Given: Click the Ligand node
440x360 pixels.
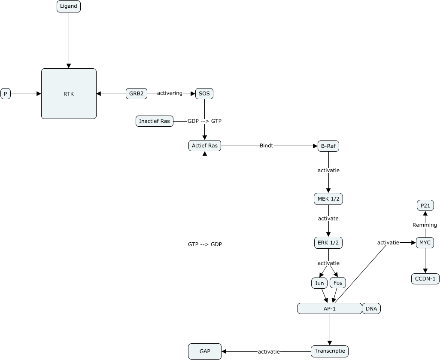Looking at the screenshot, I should point(69,6).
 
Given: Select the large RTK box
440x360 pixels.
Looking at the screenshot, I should point(69,94).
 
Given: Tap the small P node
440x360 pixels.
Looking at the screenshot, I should point(6,94).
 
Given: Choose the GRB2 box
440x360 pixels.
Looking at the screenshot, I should point(137,93).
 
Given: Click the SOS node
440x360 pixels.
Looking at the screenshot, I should point(204,93).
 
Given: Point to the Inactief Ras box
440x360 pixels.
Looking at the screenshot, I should point(155,121).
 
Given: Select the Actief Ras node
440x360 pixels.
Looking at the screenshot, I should point(205,146).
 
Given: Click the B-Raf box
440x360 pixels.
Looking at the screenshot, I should point(328,146).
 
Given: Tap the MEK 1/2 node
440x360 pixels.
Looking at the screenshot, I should point(328,199).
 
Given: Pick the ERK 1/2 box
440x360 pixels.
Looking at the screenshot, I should point(328,243).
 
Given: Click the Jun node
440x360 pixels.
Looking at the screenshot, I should point(319,283).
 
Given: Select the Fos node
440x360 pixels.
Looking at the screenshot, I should point(337,283).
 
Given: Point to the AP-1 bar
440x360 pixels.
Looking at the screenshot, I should point(329,308).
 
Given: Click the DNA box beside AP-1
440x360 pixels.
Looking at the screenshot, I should point(371,308).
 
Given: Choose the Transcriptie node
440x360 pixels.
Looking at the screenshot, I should point(329,351).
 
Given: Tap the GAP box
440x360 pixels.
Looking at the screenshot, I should point(205,351).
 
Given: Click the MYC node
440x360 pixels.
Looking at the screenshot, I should point(425,243).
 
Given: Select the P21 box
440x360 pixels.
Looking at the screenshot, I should point(425,206).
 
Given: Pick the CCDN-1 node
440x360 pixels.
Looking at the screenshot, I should point(425,279).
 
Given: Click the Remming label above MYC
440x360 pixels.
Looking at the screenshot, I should point(425,225).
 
